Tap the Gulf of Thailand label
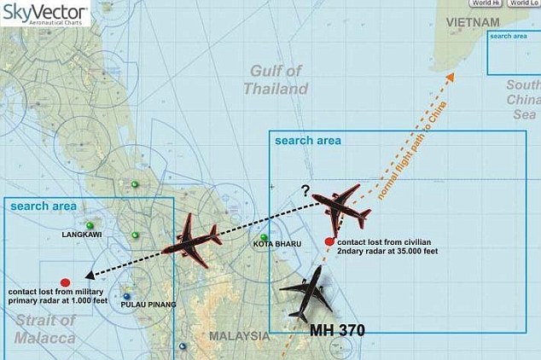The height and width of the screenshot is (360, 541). tap(276, 79)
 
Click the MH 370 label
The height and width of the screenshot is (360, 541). tap(338, 329)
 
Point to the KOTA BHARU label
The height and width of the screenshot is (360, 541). tap(276, 245)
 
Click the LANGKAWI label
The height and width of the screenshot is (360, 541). tap(82, 232)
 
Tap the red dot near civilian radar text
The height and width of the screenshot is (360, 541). tap(329, 242)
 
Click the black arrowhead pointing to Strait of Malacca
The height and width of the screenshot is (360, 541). tap(89, 276)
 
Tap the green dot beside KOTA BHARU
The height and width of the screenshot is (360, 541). tap(265, 237)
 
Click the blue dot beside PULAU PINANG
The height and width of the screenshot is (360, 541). tap(126, 297)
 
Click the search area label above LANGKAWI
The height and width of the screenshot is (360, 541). tap(41, 206)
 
